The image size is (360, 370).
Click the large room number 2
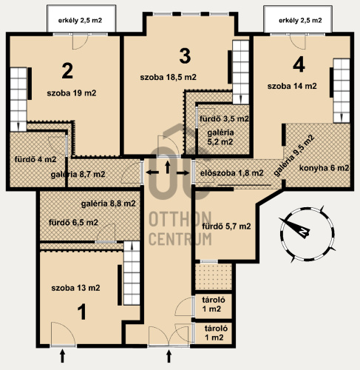coord(67,71)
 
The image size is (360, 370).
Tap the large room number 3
coord(185,55)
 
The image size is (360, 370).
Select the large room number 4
coord(299,65)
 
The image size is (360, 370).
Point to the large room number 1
coord(82,312)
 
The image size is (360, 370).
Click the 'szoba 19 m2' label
coord(72,93)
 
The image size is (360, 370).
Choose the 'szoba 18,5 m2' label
coord(169,77)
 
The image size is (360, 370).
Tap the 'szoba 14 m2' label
coord(292,86)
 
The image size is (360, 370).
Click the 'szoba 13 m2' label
coord(75,288)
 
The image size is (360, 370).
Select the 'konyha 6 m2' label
coord(325,168)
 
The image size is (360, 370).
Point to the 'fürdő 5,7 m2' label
coord(226,226)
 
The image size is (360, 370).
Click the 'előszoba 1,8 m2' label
coord(232,173)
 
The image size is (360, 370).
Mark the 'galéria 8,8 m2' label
coord(109,203)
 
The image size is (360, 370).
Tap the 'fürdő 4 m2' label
coord(35,159)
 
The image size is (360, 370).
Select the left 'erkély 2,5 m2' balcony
coord(81,18)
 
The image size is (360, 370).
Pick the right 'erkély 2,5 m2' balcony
coord(298,18)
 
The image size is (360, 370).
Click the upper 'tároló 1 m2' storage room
coord(214,306)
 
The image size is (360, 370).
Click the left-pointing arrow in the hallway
coord(152,172)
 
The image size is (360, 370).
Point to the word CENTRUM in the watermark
coord(180,239)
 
